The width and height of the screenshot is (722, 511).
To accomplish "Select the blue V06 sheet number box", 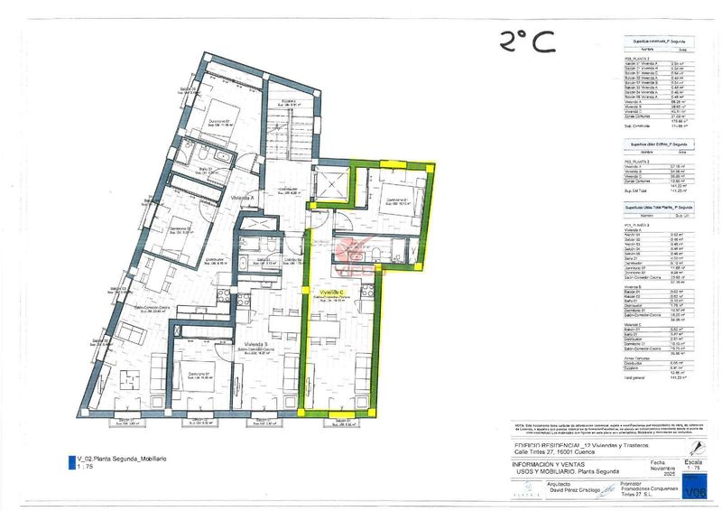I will (695, 491).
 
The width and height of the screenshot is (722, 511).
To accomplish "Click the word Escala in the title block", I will (693, 462).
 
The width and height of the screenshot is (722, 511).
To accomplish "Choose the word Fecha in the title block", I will (657, 462).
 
